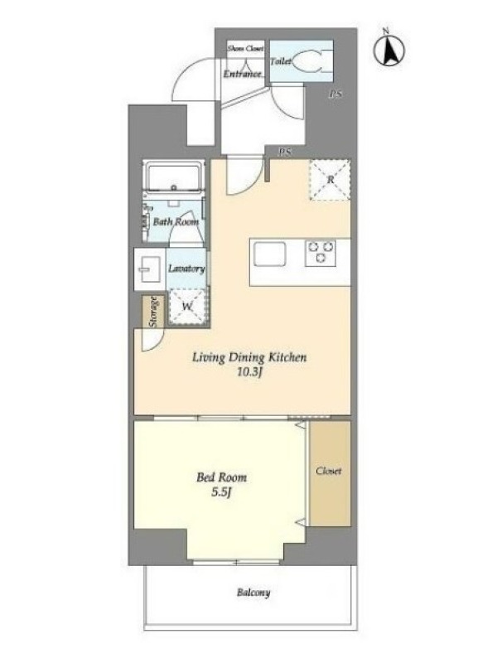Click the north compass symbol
388,49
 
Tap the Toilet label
280,61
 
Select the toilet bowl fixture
311,61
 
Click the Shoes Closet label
245,48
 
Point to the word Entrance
242,74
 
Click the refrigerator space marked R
331,179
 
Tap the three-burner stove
321,253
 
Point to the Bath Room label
176,221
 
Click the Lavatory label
186,269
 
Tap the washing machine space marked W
188,307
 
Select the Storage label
154,312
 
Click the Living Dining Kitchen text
249,358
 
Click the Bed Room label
221,478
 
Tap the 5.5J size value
221,493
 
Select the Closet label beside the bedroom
329,471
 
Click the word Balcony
253,593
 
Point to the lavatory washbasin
149,269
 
